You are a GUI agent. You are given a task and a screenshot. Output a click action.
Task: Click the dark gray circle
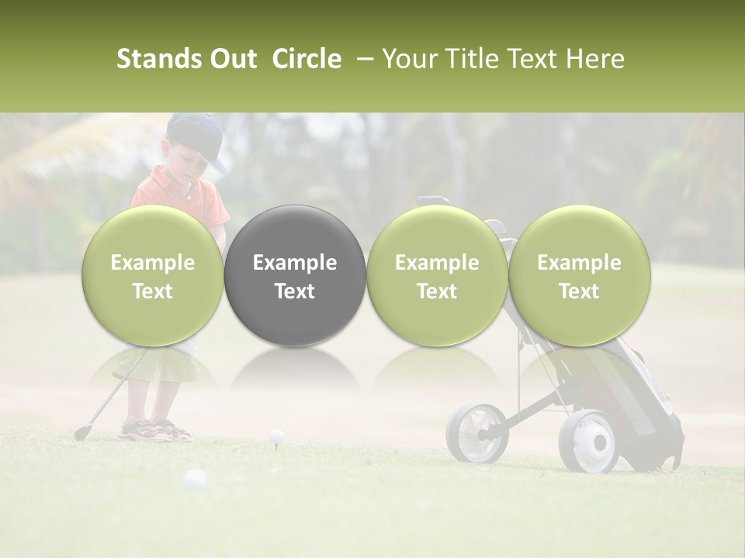coord(295,275)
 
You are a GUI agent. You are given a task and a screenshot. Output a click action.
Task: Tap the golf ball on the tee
coord(276,437)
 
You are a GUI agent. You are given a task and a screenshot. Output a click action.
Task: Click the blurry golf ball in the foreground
coord(194,480)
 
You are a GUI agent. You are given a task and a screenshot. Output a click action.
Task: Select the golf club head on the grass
coord(81,432)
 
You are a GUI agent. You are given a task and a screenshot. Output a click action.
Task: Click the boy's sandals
coord(155,430)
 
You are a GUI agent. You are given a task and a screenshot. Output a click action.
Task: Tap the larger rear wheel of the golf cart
coord(590,443)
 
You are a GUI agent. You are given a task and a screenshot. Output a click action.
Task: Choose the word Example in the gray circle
coord(295,263)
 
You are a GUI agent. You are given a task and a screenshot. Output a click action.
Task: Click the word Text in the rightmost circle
coord(579,291)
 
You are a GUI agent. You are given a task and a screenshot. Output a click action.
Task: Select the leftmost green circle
coord(153,275)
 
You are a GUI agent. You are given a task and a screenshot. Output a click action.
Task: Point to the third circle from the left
coord(437,275)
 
